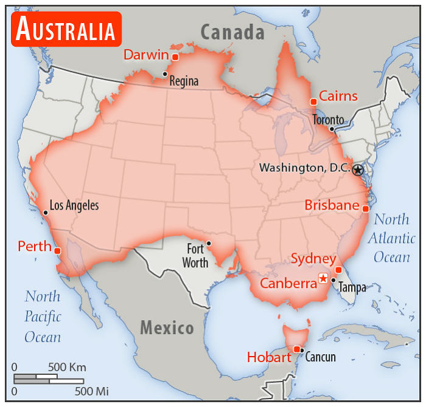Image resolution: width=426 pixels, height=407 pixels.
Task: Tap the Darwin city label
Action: click(x=145, y=55)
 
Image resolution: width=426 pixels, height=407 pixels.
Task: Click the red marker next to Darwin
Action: click(x=175, y=57)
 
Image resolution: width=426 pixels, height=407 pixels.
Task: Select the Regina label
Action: click(x=184, y=81)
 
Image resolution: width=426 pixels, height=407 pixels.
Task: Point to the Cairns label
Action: click(x=338, y=96)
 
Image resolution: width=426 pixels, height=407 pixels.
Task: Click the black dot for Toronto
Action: click(x=331, y=129)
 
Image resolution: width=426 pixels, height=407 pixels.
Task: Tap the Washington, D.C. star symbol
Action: click(x=358, y=170)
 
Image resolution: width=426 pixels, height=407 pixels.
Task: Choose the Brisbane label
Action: click(x=332, y=205)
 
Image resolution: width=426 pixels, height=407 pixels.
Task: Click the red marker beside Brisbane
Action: click(x=365, y=208)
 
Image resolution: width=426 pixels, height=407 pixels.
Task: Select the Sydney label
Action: click(x=313, y=259)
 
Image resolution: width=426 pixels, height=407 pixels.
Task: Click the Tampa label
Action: click(x=352, y=287)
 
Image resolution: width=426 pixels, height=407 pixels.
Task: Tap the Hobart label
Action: click(x=269, y=357)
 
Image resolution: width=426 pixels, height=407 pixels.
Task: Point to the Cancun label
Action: click(x=320, y=357)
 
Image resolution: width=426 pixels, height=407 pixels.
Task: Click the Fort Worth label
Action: click(x=196, y=256)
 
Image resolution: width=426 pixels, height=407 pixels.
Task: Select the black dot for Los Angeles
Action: click(x=46, y=213)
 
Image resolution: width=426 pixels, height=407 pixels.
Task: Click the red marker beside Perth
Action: click(x=57, y=250)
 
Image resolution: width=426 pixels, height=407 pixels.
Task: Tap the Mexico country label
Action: click(x=167, y=328)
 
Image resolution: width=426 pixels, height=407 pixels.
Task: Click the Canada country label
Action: click(x=232, y=32)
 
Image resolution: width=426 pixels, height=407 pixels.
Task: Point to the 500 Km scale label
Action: click(x=67, y=367)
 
